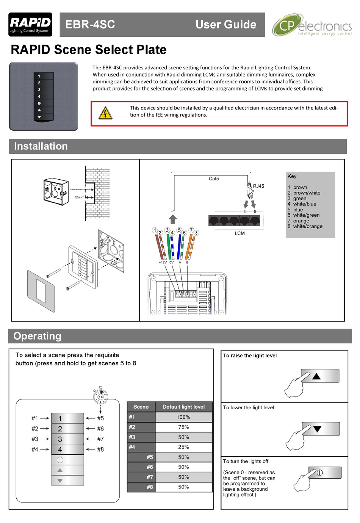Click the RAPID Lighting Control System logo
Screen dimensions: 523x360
coord(30,25)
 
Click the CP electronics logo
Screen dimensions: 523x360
coord(311,25)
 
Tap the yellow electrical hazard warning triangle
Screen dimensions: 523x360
coord(105,113)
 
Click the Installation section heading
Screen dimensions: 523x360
coord(41,146)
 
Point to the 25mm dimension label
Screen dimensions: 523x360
coord(79,197)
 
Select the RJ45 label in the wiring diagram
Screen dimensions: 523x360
coord(258,186)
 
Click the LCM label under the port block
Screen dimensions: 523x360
coord(239,233)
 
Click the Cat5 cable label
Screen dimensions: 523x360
coord(214,179)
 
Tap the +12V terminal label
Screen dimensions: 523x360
coord(163,262)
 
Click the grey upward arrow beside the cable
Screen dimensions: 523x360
coord(173,219)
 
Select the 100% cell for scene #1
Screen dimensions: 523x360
coord(183,417)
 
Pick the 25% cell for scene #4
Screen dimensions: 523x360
coord(183,447)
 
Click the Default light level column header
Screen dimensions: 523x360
coord(183,407)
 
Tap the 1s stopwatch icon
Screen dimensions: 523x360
coord(100,396)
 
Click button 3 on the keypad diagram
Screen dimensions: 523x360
coord(67,439)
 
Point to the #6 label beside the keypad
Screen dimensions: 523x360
coord(100,429)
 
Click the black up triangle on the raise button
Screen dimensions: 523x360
coord(316,376)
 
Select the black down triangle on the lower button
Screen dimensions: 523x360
coord(317,429)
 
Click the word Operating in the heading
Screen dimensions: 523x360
coord(37,336)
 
